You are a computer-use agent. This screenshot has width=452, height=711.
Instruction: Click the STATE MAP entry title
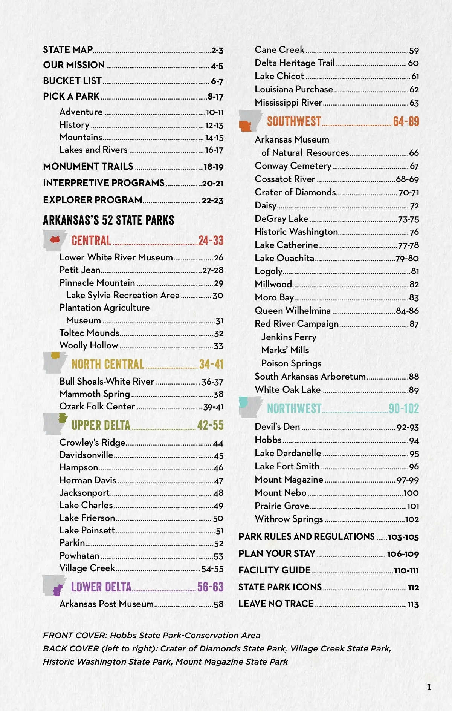68,50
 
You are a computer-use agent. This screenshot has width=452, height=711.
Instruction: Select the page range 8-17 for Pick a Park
215,97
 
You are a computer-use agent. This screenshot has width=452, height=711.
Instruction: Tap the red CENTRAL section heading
91,241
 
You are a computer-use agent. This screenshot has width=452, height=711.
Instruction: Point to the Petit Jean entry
80,270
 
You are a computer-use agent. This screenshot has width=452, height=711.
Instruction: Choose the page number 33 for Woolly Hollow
218,346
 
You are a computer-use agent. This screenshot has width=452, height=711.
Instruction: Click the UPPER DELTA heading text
101,425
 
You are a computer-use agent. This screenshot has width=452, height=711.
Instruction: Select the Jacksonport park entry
84,493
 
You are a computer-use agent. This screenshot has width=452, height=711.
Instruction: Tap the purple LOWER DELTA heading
101,587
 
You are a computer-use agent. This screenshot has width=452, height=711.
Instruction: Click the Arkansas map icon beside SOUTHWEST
250,121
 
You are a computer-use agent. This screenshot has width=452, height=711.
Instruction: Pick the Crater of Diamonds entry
295,192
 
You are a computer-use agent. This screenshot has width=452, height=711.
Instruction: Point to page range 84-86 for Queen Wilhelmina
407,311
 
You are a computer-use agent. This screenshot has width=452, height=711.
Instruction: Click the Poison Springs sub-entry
291,363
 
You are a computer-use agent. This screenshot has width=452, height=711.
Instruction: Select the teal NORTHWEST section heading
294,408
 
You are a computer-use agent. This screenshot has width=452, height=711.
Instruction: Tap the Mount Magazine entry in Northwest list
289,480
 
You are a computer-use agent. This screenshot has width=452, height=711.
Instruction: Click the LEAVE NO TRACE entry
276,604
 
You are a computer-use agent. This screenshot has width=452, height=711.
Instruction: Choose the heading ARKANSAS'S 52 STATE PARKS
108,220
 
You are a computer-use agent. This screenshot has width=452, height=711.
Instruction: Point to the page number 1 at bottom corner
429,687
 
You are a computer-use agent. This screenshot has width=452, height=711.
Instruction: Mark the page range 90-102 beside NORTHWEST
403,409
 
